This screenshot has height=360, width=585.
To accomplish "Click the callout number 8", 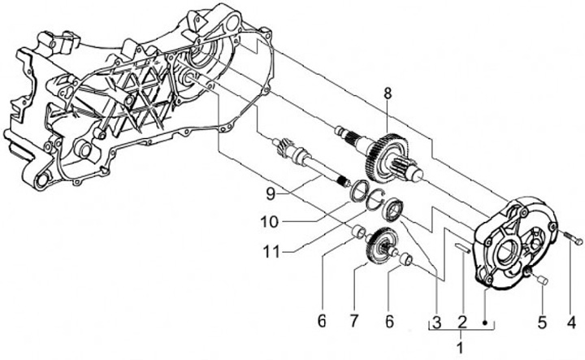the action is pos(388,93).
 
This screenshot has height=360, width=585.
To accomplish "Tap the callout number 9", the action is pos(271,193).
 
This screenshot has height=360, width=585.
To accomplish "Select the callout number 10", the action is pos(270,223).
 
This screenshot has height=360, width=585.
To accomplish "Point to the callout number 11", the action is pos(271,253).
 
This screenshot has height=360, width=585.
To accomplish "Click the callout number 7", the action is pos(353,321).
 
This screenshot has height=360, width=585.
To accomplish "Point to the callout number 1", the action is pos(460,348).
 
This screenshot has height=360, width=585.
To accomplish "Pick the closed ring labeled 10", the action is pos(359,189).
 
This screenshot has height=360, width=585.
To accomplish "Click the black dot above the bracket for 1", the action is pos(485,323).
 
